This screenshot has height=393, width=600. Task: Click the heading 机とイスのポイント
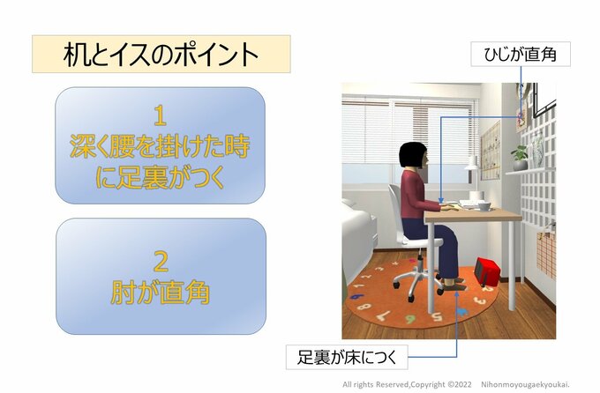(x=161, y=55)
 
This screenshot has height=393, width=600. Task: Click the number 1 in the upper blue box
(x=160, y=115)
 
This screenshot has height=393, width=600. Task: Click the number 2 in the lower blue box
(x=160, y=261)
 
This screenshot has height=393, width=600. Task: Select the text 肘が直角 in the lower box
(x=161, y=292)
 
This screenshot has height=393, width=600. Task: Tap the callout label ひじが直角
(x=520, y=56)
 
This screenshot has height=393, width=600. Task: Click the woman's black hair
(x=411, y=156)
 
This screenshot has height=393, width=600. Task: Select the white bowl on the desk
(x=482, y=205)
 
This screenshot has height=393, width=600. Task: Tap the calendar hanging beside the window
(x=490, y=150)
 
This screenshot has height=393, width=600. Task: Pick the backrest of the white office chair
(x=394, y=208)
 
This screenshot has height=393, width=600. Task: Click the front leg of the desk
(x=431, y=264)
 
